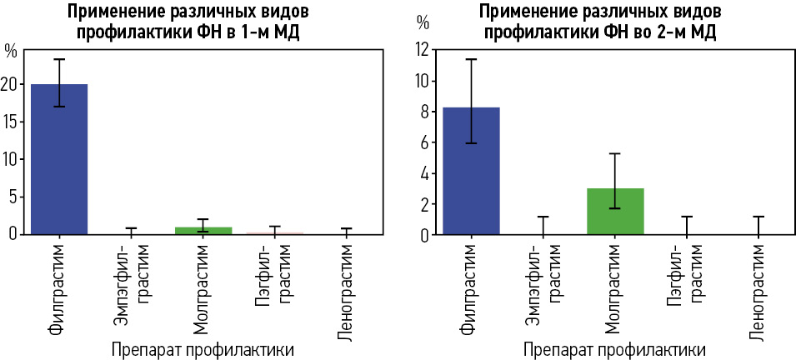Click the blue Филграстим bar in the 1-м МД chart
click(x=59, y=158)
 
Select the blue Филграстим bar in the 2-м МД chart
click(x=471, y=170)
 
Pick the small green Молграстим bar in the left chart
click(x=203, y=230)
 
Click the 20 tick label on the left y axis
click(x=10, y=84)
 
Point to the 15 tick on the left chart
click(x=10, y=122)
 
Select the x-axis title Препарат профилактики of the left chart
click(x=202, y=349)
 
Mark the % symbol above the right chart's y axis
click(x=423, y=22)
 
